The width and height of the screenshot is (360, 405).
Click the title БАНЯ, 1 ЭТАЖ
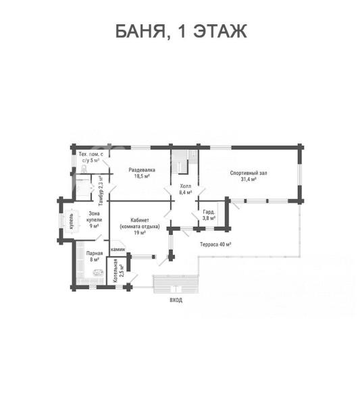click(x=181, y=31)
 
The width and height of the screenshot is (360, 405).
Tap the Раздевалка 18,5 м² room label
click(x=142, y=173)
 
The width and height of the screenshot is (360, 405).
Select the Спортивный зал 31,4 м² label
click(x=249, y=176)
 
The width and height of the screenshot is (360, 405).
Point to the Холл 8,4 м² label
click(x=186, y=189)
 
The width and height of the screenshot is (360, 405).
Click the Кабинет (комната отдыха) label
click(x=140, y=227)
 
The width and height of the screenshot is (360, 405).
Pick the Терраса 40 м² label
click(x=215, y=244)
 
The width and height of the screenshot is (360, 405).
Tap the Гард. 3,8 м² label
click(x=209, y=215)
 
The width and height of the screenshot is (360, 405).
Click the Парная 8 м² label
click(x=95, y=256)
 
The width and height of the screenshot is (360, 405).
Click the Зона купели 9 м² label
click(x=94, y=220)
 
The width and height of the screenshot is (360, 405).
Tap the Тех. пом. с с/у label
click(x=91, y=157)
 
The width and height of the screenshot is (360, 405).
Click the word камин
click(x=118, y=250)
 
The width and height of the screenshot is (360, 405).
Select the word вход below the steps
click(x=176, y=300)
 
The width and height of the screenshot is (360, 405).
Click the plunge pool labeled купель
click(x=72, y=221)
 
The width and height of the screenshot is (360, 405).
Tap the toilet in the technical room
click(x=84, y=169)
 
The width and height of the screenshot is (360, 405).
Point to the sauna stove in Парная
click(x=98, y=273)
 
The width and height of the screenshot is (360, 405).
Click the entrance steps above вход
click(x=176, y=284)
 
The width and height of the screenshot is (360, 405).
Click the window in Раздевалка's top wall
click(x=140, y=148)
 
